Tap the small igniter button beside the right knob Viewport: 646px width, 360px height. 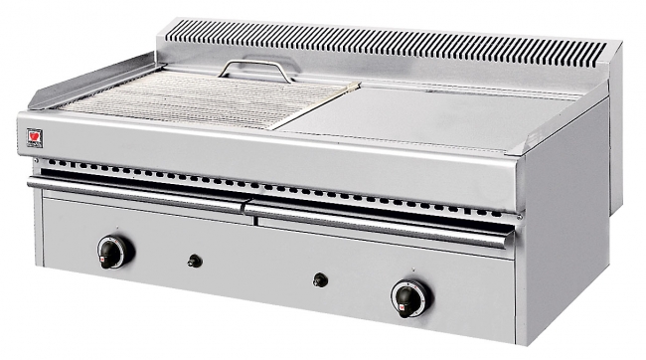click(320, 280)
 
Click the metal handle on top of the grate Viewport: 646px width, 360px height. click(257, 69)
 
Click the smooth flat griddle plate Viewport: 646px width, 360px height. click(417, 115)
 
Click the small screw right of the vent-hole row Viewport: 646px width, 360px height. click(520, 215)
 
